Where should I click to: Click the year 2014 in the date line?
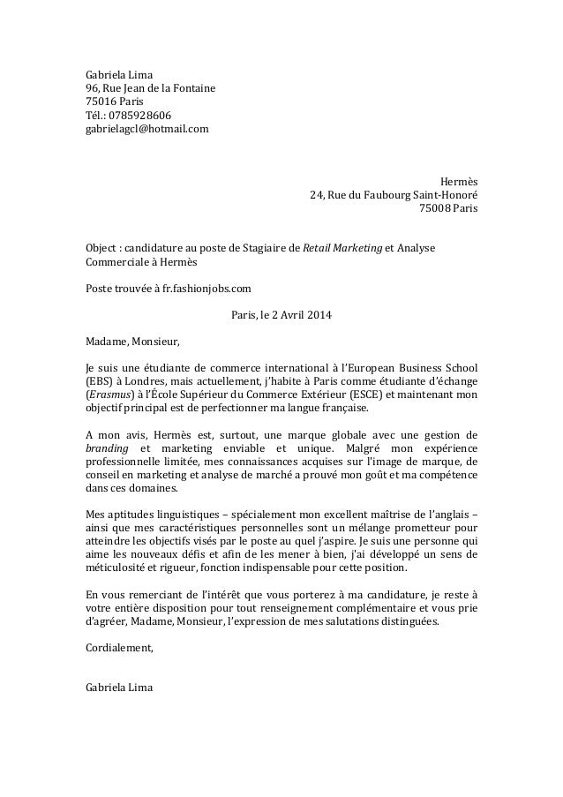point(322,315)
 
